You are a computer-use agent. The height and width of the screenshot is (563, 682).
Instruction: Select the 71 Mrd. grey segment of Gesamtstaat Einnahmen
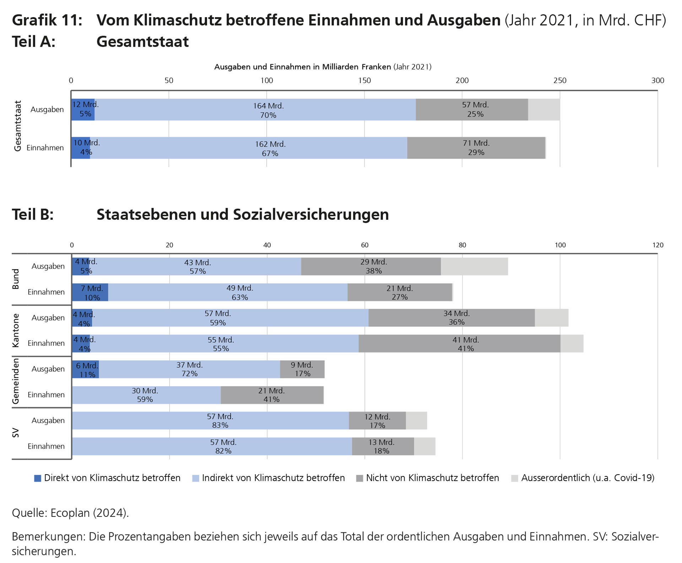(x=476, y=148)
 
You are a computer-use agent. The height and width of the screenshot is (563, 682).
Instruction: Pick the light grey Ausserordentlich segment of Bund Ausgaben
(x=474, y=267)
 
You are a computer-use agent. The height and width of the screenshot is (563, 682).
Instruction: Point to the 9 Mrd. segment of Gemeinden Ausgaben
(x=302, y=369)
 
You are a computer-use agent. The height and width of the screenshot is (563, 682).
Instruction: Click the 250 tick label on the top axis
(x=560, y=81)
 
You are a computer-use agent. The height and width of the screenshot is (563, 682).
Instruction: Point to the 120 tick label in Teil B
(x=657, y=245)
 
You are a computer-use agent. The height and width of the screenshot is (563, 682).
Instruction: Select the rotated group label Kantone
(x=16, y=330)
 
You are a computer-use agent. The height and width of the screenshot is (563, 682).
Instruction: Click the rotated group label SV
(x=16, y=433)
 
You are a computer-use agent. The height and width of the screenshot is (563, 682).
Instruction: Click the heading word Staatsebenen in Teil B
(x=145, y=215)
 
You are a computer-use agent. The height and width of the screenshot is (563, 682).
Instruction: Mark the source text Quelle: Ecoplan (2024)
(x=70, y=513)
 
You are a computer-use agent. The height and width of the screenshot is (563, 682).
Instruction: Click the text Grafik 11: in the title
(x=47, y=20)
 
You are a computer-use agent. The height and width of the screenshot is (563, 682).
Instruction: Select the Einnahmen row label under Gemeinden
(x=46, y=395)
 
